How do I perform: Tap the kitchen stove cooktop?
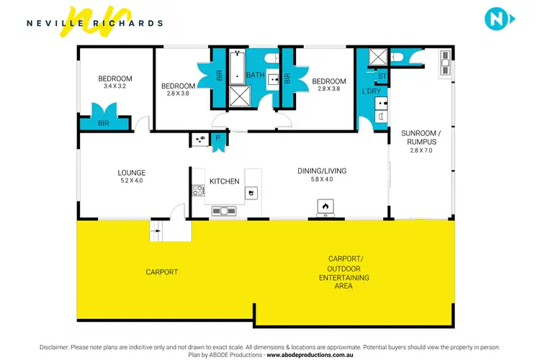coord(198,191)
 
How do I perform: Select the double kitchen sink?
coord(224,211)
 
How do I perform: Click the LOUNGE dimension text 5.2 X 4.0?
coord(132,181)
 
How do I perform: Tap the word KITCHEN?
coord(224,181)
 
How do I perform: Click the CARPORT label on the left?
coord(161,272)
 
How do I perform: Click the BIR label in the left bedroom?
coord(104,123)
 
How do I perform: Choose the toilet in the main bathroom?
coord(270,57)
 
